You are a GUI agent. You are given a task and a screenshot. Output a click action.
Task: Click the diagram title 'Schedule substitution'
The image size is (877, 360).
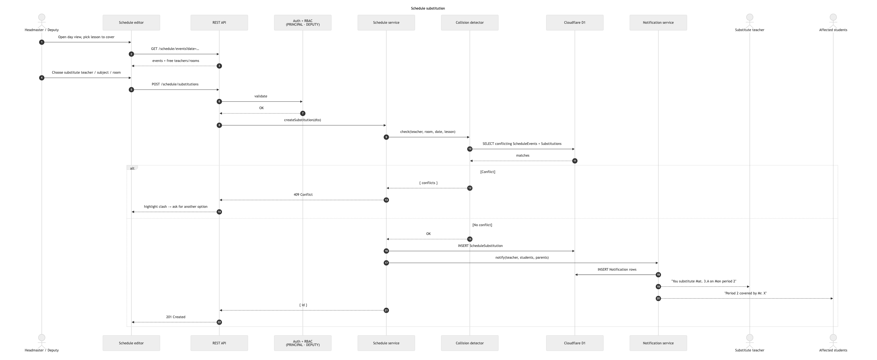pos(427,8)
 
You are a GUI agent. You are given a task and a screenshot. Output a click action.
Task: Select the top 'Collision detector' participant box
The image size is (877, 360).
pos(470,23)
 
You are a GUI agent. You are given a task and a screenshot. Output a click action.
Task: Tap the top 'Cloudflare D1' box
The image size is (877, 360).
pos(575,23)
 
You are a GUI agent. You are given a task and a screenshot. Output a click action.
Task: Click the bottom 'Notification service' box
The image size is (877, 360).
pos(658,343)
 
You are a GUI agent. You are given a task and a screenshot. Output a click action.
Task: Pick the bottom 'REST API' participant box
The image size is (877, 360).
pos(219,343)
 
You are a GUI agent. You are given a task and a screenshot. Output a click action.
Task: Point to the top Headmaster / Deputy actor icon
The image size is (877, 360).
pos(42,21)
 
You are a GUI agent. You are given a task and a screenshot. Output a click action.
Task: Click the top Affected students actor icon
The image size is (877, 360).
pos(833,21)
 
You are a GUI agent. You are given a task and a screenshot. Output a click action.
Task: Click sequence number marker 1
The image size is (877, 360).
pos(42,42)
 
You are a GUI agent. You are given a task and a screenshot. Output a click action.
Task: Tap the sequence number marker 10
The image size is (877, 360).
pos(470,149)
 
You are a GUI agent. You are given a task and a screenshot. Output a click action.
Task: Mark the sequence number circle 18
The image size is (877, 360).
pos(658,275)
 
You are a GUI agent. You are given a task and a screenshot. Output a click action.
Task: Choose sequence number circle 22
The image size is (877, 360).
pos(219,322)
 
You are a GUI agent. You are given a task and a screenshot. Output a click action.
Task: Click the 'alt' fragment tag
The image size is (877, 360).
pos(132,168)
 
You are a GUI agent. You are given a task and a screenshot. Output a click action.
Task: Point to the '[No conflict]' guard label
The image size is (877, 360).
pos(482,225)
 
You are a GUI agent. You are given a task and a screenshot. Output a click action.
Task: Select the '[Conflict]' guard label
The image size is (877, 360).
pos(487,172)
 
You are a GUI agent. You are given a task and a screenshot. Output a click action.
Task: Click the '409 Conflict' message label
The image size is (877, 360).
pos(303,195)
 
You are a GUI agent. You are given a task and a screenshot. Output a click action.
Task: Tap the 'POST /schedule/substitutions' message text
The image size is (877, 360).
pos(175,84)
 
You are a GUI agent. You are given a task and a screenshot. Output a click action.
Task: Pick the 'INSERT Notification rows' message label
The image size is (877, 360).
pos(617,269)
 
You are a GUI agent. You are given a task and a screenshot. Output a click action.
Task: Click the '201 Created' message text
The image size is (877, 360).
pos(176,317)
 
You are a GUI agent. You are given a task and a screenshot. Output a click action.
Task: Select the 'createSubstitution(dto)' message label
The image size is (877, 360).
pos(302,120)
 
